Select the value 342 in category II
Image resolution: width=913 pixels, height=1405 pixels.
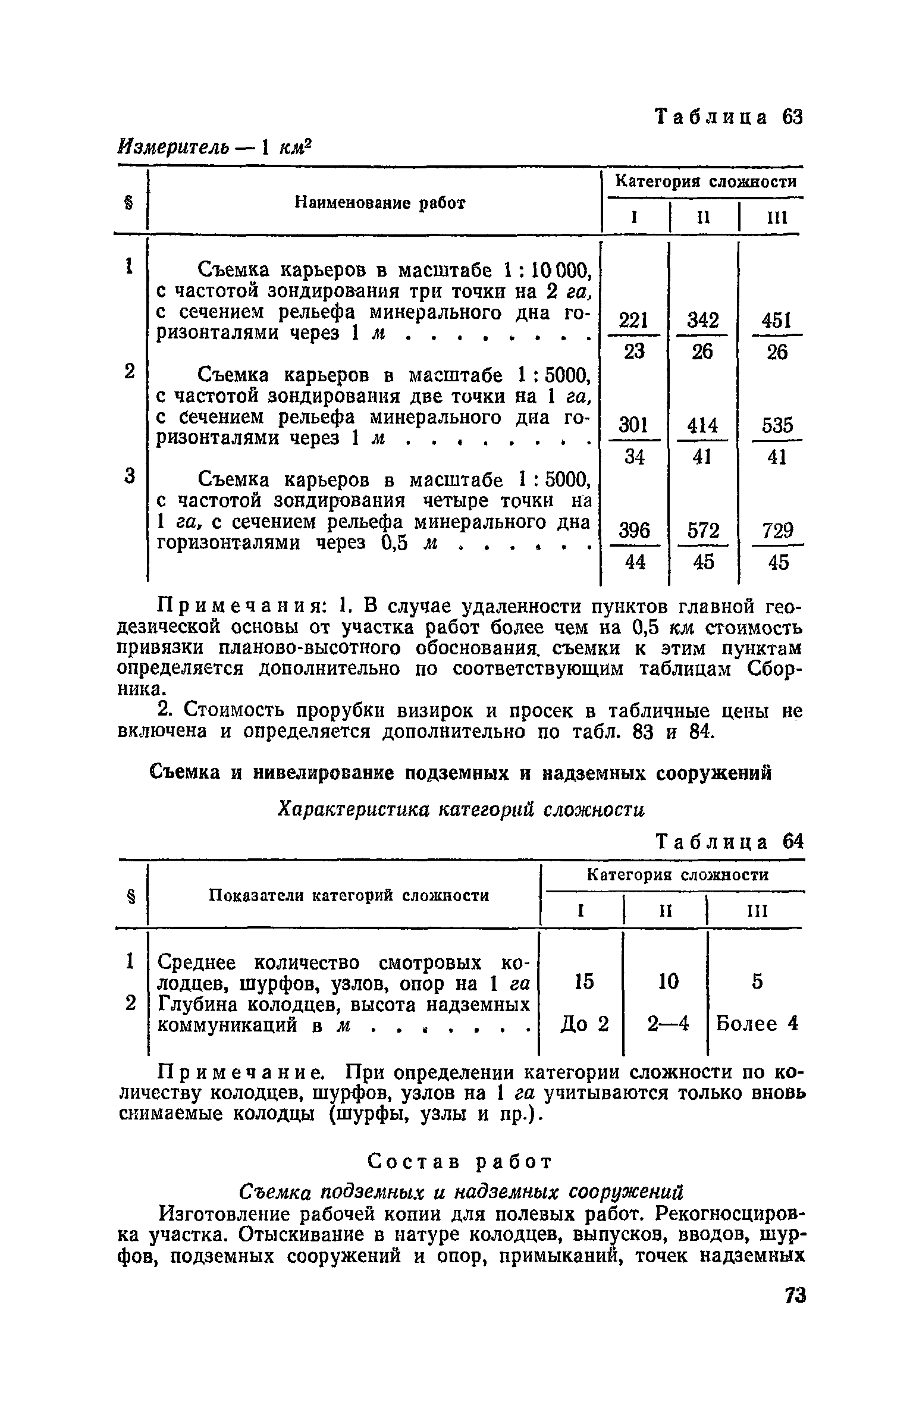pos(702,321)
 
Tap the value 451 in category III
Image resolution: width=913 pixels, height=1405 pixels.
pos(777,321)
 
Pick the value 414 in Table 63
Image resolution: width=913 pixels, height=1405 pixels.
pos(702,425)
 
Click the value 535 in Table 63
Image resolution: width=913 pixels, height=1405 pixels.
pos(777,425)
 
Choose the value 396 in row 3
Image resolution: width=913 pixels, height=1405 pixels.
pos(634,530)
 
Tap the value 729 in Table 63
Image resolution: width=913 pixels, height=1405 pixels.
pos(777,530)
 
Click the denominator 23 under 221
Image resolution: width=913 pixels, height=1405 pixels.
pos(634,352)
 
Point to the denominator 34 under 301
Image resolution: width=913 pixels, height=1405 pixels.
pos(634,457)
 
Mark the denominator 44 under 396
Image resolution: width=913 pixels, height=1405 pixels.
pos(635,562)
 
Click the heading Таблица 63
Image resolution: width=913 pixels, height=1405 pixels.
pos(729,117)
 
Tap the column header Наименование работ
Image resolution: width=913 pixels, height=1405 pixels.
pos(380,203)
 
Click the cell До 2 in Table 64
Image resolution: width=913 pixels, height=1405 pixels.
pos(585,1024)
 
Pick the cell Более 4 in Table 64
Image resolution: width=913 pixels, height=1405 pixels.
pos(756,1024)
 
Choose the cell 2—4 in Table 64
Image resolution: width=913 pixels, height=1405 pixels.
pos(668,1024)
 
